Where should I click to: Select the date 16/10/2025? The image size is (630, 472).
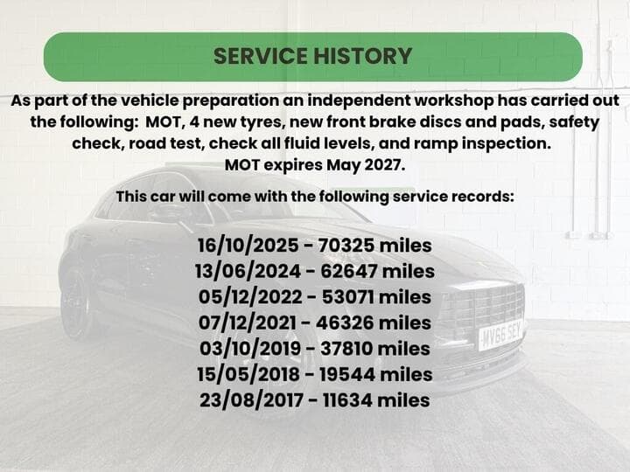point(248,246)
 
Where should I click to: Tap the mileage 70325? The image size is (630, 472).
point(346,246)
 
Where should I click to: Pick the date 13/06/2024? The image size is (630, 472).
point(248,271)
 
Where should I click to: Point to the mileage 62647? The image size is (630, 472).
point(349,271)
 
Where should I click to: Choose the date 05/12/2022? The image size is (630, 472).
point(250,296)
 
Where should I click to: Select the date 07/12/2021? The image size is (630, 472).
point(247,323)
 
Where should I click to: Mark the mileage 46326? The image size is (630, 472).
point(345,323)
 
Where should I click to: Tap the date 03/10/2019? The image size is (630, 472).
point(250,348)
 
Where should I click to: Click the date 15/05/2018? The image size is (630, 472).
point(248,374)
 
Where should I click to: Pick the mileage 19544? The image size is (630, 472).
point(347,374)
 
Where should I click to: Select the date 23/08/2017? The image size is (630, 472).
point(251,399)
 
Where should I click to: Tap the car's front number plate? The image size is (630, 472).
point(501,334)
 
